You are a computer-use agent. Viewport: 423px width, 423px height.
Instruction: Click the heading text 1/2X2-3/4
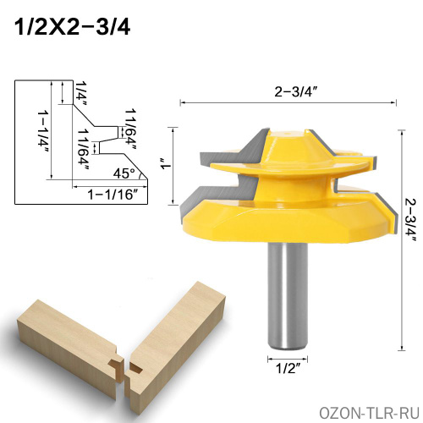(72, 27)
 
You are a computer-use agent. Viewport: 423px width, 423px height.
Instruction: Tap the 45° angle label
(124, 173)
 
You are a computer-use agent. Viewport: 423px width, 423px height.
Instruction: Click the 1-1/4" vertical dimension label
(43, 132)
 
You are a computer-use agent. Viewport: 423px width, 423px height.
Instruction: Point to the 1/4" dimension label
(81, 93)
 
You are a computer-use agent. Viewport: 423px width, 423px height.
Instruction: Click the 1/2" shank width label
(287, 368)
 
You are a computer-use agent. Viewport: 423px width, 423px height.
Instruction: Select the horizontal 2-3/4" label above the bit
(294, 91)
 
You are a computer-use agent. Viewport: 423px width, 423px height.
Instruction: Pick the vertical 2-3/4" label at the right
(410, 220)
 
